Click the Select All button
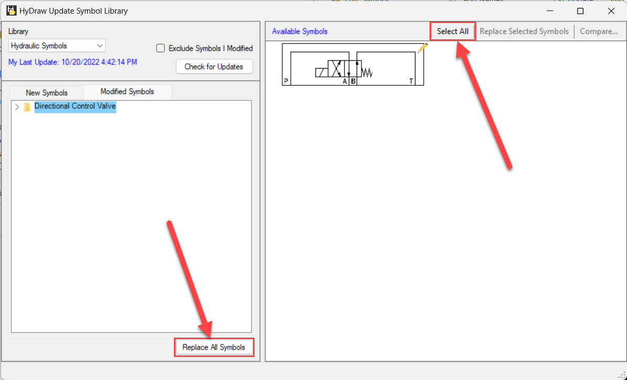tap(452, 31)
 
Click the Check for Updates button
tap(214, 66)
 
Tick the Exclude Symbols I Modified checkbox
tap(160, 48)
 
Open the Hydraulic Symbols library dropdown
tap(57, 46)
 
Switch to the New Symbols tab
tap(47, 93)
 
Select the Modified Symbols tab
tap(127, 92)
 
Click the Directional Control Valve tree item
tap(75, 106)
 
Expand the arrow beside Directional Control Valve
tap(17, 107)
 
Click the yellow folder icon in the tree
tap(27, 107)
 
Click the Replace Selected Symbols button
tap(524, 31)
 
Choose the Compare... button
tap(599, 31)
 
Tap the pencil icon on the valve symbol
tap(422, 48)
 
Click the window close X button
tap(611, 11)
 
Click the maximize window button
tap(580, 11)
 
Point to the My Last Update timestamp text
tap(73, 62)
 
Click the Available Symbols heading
tap(300, 31)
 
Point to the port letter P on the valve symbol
tap(286, 81)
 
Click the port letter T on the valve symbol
tap(411, 81)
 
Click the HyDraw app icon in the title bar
tap(11, 11)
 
